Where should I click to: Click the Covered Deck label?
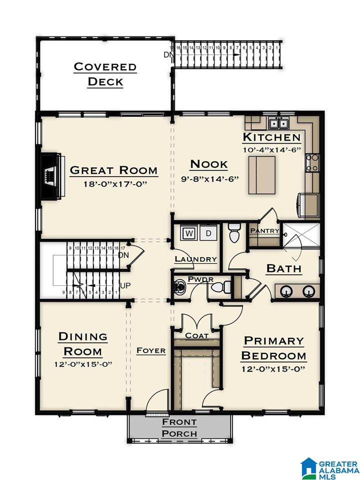105,75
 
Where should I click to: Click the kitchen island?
261,175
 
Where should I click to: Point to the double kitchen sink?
278,123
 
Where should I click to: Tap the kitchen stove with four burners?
312,163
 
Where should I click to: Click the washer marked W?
189,234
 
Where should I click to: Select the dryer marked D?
208,234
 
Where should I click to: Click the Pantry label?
264,231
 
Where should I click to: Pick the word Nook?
209,164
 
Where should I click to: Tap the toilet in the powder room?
221,287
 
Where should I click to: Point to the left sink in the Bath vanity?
285,291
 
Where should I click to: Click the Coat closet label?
197,335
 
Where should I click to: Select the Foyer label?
151,350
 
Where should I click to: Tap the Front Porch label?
179,427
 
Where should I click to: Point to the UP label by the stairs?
125,286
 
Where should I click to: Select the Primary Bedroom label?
273,348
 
